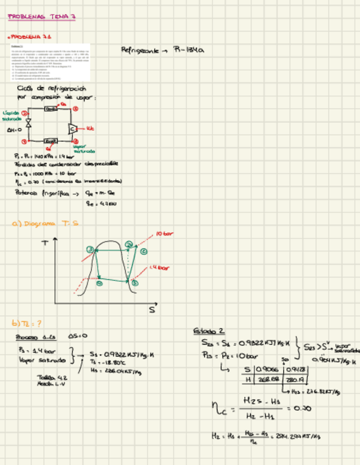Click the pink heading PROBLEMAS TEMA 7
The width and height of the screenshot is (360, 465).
tap(42, 17)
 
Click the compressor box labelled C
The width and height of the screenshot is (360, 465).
tap(72, 129)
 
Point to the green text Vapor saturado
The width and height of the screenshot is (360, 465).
tap(83, 149)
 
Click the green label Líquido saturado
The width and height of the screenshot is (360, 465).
tap(12, 115)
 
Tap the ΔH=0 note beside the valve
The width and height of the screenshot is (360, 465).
tap(14, 131)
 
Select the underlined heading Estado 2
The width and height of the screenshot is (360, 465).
tap(209, 331)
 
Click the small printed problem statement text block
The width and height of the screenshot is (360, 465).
tap(50, 60)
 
